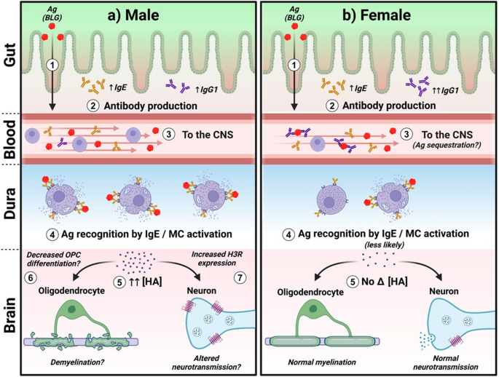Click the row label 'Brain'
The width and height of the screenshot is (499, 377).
coord(11,314)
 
